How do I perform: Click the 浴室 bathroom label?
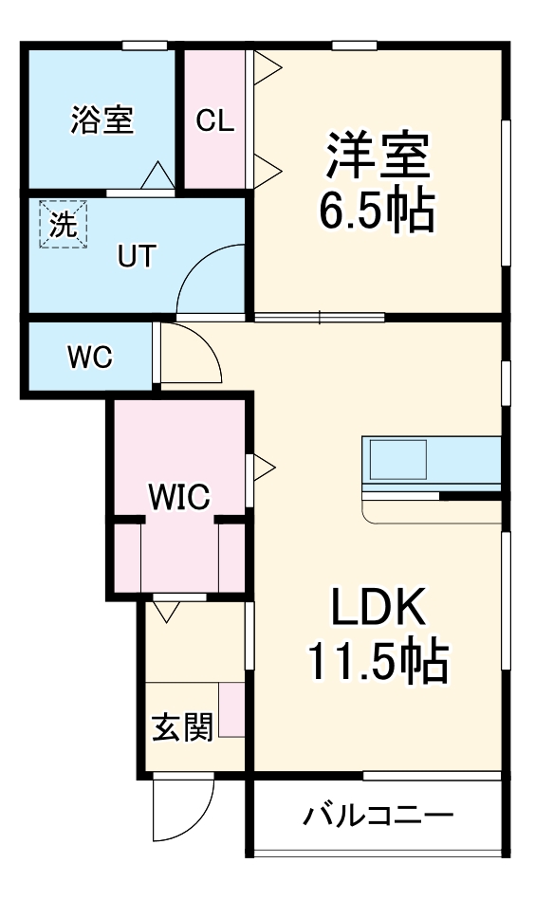click(101, 120)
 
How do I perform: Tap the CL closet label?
click(215, 120)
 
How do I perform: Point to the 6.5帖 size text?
click(377, 210)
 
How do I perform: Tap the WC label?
click(90, 357)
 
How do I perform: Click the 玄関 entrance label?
click(182, 727)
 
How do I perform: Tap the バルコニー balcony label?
click(378, 815)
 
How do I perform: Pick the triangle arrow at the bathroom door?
click(157, 176)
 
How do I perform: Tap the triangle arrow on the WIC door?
click(263, 467)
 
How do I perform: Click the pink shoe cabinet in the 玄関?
click(233, 709)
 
